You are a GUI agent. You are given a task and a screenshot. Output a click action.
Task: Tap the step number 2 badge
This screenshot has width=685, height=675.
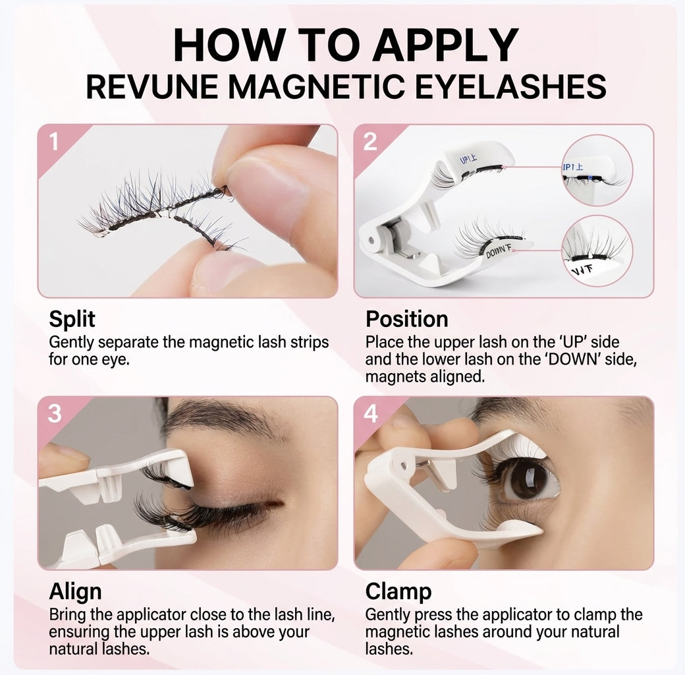[370, 140]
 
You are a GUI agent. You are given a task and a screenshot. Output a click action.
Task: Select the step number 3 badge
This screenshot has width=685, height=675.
[54, 413]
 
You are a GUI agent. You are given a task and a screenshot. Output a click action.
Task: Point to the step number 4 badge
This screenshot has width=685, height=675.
[370, 413]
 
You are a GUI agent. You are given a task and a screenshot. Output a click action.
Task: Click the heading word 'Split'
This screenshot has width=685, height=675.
[72, 319]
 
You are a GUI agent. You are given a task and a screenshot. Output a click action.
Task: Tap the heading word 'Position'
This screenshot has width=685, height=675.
[406, 319]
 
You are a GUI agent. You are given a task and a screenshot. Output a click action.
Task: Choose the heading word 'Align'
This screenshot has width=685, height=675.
[75, 591]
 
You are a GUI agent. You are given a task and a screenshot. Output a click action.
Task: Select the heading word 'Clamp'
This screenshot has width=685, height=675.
[398, 591]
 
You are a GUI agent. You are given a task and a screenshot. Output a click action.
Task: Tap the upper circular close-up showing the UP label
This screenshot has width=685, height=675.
[597, 170]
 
